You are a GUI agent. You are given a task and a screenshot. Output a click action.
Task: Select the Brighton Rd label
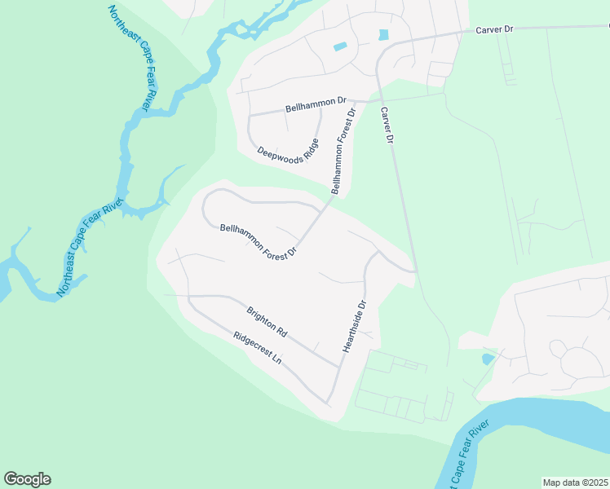[267, 322]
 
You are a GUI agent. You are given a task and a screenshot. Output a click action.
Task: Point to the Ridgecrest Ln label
[257, 347]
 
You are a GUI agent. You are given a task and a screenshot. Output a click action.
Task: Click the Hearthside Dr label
[356, 326]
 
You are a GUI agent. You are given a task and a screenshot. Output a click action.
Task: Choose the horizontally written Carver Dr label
[497, 29]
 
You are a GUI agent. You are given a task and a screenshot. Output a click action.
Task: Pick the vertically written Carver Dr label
[387, 127]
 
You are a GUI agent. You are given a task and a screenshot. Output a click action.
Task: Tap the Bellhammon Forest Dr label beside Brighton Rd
[256, 242]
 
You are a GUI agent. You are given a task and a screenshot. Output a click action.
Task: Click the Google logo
[27, 479]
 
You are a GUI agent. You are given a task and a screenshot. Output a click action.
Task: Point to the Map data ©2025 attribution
[575, 482]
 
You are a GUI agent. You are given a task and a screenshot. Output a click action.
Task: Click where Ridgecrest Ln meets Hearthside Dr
[329, 403]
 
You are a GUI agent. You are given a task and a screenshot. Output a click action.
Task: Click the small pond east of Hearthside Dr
[488, 358]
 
